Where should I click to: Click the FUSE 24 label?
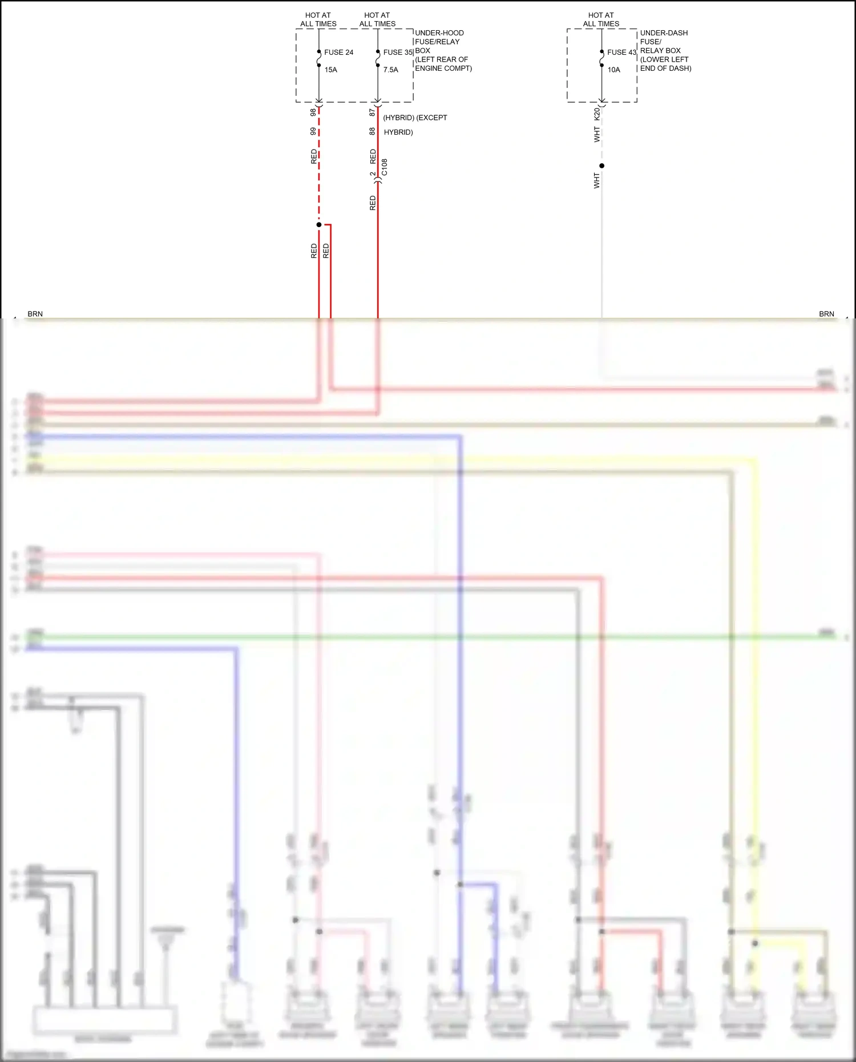[338, 53]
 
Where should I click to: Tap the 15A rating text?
[331, 70]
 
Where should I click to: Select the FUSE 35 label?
[398, 53]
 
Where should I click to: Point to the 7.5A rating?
[391, 70]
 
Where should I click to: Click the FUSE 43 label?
[621, 53]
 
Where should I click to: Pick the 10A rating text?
[613, 70]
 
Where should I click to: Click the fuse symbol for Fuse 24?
[319, 58]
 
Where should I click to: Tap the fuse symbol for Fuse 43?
[602, 58]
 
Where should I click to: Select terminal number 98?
[313, 112]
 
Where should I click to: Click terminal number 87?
[372, 112]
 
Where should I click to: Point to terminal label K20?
[597, 114]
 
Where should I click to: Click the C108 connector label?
[385, 167]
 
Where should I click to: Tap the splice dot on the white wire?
[601, 165]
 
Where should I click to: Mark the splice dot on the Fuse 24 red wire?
[319, 225]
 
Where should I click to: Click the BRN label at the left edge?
[35, 314]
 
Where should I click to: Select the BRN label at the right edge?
[826, 314]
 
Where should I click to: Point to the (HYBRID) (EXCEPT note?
[415, 118]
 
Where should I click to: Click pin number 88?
[372, 131]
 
